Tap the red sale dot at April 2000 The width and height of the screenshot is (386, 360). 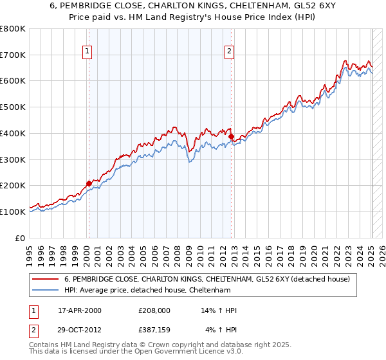(89, 183)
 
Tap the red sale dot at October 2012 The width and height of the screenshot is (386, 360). (231, 136)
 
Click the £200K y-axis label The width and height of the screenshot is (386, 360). (13, 185)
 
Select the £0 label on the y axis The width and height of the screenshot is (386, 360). (21, 238)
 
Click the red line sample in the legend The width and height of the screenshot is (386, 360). (46, 279)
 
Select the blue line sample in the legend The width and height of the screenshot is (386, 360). (46, 290)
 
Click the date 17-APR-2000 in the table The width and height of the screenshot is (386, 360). (80, 310)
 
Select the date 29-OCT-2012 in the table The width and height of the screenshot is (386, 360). (80, 330)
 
